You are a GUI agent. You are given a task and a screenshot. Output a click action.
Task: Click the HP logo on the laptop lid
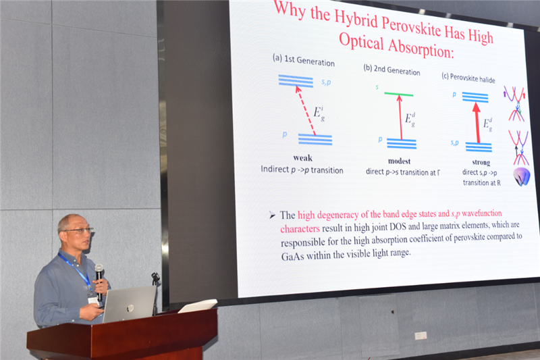[130, 308]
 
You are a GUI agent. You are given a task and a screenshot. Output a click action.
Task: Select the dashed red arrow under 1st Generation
[306, 111]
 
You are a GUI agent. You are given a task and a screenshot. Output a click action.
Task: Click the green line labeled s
[399, 94]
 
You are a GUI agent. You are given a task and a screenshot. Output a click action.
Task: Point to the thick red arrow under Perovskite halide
[477, 123]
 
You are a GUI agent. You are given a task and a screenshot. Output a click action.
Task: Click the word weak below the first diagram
[302, 158]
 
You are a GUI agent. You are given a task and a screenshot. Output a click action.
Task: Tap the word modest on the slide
[399, 161]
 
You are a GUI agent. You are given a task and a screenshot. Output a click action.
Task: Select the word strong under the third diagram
[481, 162]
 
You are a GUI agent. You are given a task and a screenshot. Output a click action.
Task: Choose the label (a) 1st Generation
[303, 60]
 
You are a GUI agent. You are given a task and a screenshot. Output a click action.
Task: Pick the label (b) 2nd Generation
[391, 70]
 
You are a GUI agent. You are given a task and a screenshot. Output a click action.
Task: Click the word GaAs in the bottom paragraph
[292, 257]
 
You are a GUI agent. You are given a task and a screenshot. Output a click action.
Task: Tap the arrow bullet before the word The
[272, 215]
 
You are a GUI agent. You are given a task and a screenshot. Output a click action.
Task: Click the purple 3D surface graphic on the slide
[522, 177]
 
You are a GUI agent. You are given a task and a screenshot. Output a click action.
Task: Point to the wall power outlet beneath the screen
[421, 336]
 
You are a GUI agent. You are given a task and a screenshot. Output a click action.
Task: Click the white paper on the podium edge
[197, 305]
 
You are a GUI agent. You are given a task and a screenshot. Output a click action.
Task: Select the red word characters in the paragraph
[300, 229]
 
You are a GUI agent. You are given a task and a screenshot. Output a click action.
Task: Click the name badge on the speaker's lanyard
[93, 301]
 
